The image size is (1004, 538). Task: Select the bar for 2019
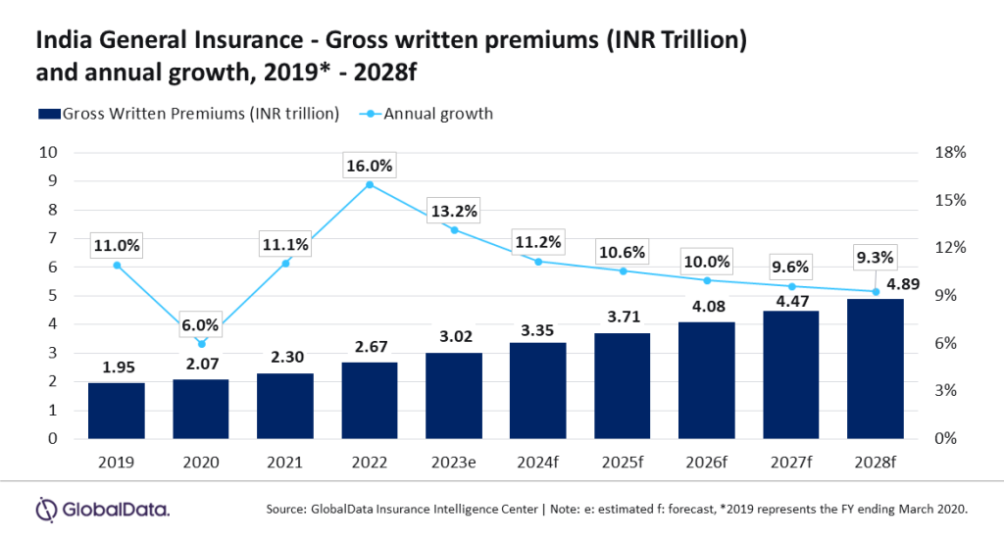[x=117, y=411]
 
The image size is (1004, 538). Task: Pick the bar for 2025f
[x=623, y=386]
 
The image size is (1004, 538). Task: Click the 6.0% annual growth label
[x=202, y=323]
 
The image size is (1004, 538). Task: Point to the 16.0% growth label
[x=370, y=167]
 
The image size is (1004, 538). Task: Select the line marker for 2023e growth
[x=454, y=229]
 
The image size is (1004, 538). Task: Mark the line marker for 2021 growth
[x=285, y=263]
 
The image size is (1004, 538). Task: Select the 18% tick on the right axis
[x=950, y=153]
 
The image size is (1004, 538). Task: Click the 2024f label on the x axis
[x=538, y=461]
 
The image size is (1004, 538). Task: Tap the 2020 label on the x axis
[x=201, y=461]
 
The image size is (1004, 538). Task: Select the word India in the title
[x=59, y=41]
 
